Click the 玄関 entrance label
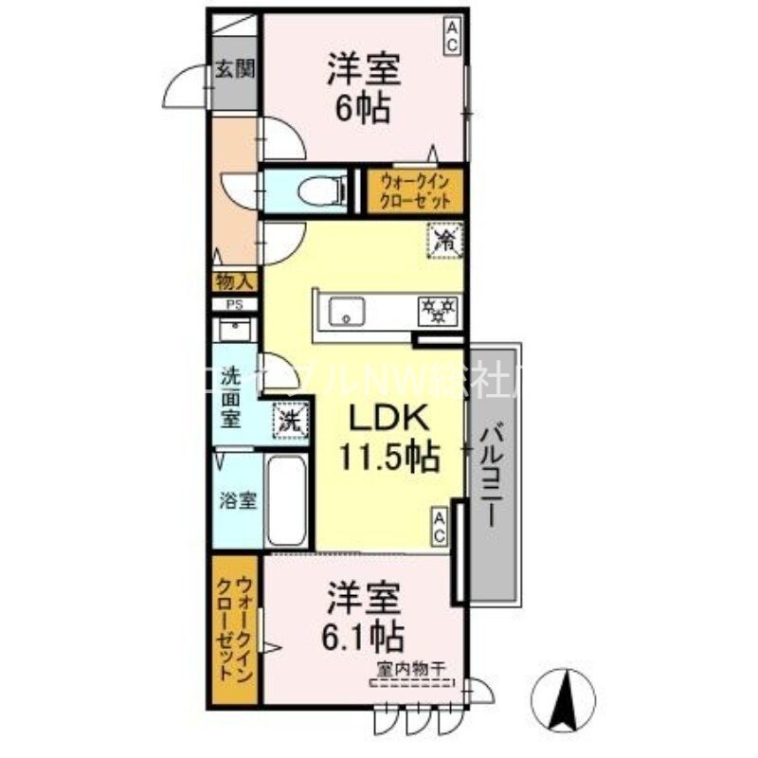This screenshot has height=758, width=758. click(232, 69)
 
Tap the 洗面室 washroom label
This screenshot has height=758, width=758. click(231, 397)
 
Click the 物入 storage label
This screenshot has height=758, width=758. click(233, 281)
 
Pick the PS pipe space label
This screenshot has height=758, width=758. click(233, 304)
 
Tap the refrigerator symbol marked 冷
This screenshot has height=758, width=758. click(444, 239)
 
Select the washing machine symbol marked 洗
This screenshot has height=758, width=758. click(290, 420)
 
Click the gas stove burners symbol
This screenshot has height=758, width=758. click(438, 309)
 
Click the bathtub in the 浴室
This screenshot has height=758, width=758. click(285, 501)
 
